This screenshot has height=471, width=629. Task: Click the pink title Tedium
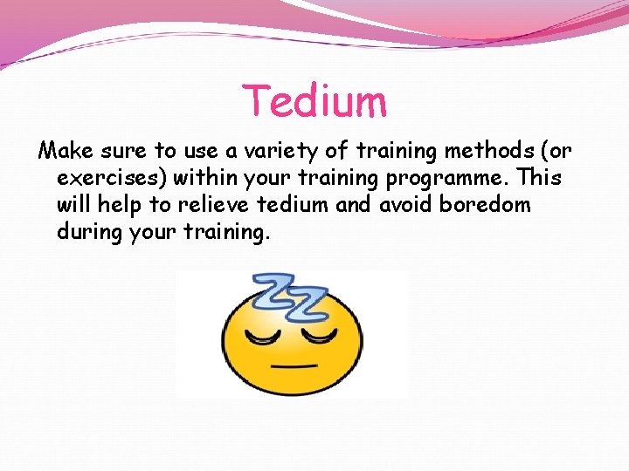(314, 100)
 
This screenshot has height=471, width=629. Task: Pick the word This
(540, 178)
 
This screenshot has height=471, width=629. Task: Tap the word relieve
(229, 205)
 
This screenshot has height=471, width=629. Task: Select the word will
(76, 205)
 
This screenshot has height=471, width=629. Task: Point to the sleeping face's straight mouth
(290, 366)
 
